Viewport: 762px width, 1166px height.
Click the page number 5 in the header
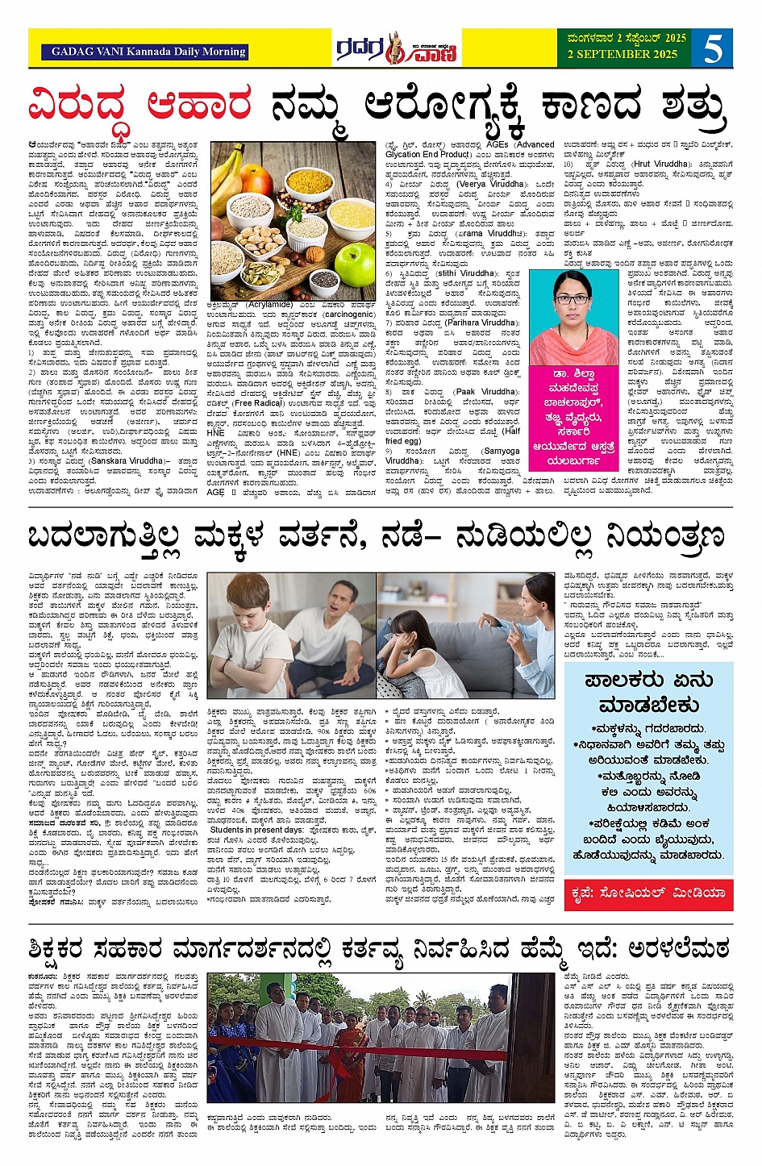coord(712,48)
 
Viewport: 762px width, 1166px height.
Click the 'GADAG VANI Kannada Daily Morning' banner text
coord(148,52)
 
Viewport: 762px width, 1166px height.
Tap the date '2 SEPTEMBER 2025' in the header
coord(622,54)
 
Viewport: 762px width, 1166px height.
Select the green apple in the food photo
coord(355,264)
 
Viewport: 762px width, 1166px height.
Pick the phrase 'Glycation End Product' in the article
coord(428,154)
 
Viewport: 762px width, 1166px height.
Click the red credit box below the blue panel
coord(647,893)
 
